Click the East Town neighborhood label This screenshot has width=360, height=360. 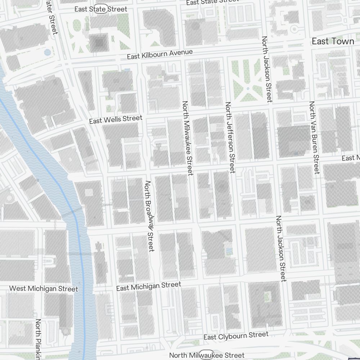pos(333,41)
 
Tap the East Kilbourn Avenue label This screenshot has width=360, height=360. pos(160,55)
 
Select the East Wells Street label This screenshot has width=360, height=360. pos(116,120)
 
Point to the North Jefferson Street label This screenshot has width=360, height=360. pos(230,137)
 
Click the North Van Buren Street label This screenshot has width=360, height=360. pos(314,137)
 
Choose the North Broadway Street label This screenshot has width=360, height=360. pos(149,216)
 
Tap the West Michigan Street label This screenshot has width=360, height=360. pos(43,289)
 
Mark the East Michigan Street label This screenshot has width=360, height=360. pos(149,287)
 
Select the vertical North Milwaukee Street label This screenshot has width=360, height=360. pos(188,138)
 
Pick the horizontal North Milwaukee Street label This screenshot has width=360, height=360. pos(207,355)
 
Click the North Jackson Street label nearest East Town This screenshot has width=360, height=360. pos(266,69)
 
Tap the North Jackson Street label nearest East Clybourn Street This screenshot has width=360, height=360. pos(280,248)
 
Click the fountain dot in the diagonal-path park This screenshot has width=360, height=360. pos(248,88)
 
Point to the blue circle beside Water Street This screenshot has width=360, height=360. pos(48,52)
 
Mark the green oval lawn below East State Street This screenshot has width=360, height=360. pos(76,25)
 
